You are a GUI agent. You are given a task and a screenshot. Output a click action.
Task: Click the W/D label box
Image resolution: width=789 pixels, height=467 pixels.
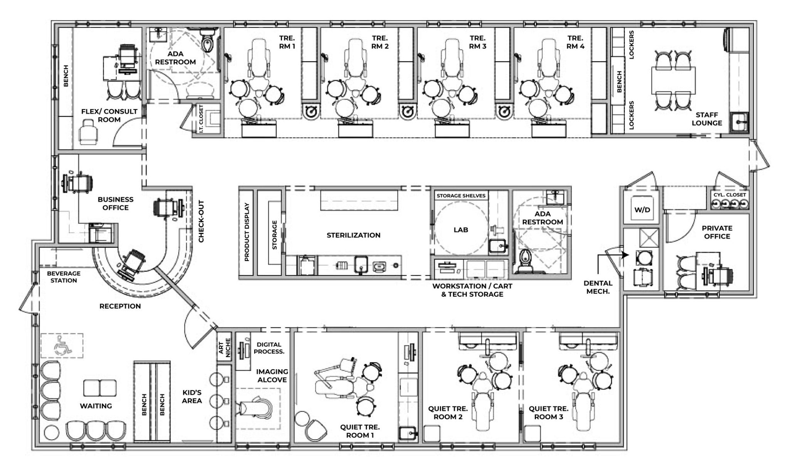pos(642,210)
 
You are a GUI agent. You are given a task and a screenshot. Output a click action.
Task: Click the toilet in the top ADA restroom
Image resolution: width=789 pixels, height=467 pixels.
pos(208,42)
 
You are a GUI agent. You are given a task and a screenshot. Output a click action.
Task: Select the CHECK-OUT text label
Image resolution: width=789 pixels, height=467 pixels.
pos(201,222)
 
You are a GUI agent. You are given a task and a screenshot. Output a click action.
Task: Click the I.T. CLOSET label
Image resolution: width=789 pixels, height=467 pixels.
pos(201,119)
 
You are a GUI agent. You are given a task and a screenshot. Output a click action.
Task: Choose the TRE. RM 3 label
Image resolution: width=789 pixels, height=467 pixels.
pos(477,42)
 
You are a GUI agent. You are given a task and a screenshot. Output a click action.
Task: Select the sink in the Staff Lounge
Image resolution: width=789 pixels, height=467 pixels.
pos(739,122)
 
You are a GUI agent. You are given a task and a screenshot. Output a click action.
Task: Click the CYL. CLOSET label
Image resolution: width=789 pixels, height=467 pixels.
pos(729,195)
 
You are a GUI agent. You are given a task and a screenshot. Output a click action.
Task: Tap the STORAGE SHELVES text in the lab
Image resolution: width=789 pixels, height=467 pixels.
pos(461,196)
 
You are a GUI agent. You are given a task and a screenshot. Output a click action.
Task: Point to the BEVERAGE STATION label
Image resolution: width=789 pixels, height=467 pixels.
pos(64,277)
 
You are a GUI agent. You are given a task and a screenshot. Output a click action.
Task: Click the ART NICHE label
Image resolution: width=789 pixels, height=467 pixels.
pos(225,348)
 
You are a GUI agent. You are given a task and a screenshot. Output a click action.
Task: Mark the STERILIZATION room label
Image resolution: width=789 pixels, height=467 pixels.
pos(353,235)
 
